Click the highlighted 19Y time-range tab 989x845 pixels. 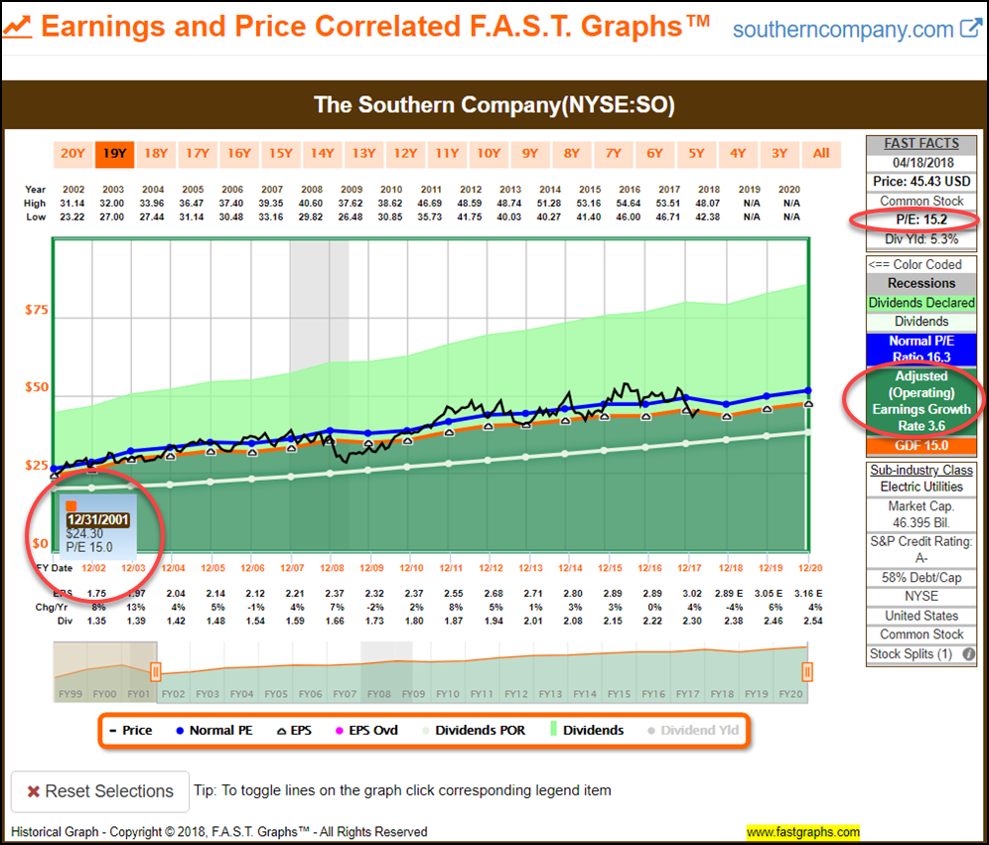point(114,153)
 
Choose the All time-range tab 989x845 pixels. point(821,153)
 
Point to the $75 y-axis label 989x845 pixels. point(37,310)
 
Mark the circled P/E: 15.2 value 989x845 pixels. point(921,220)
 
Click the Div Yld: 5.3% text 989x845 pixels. point(921,238)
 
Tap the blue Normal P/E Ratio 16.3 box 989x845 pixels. point(921,350)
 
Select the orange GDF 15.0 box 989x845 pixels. point(921,446)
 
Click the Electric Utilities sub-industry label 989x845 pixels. point(921,487)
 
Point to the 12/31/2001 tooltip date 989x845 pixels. point(96,519)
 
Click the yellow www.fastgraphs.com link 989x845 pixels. point(803,832)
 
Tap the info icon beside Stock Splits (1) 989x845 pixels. point(969,654)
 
